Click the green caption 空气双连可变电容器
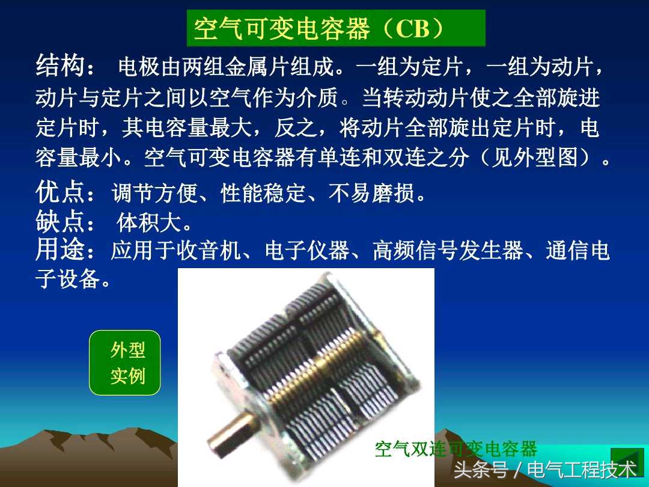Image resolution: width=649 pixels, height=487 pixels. click(456, 449)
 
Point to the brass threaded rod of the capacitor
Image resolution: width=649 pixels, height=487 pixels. click(318, 367)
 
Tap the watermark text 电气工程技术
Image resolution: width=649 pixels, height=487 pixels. click(580, 469)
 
